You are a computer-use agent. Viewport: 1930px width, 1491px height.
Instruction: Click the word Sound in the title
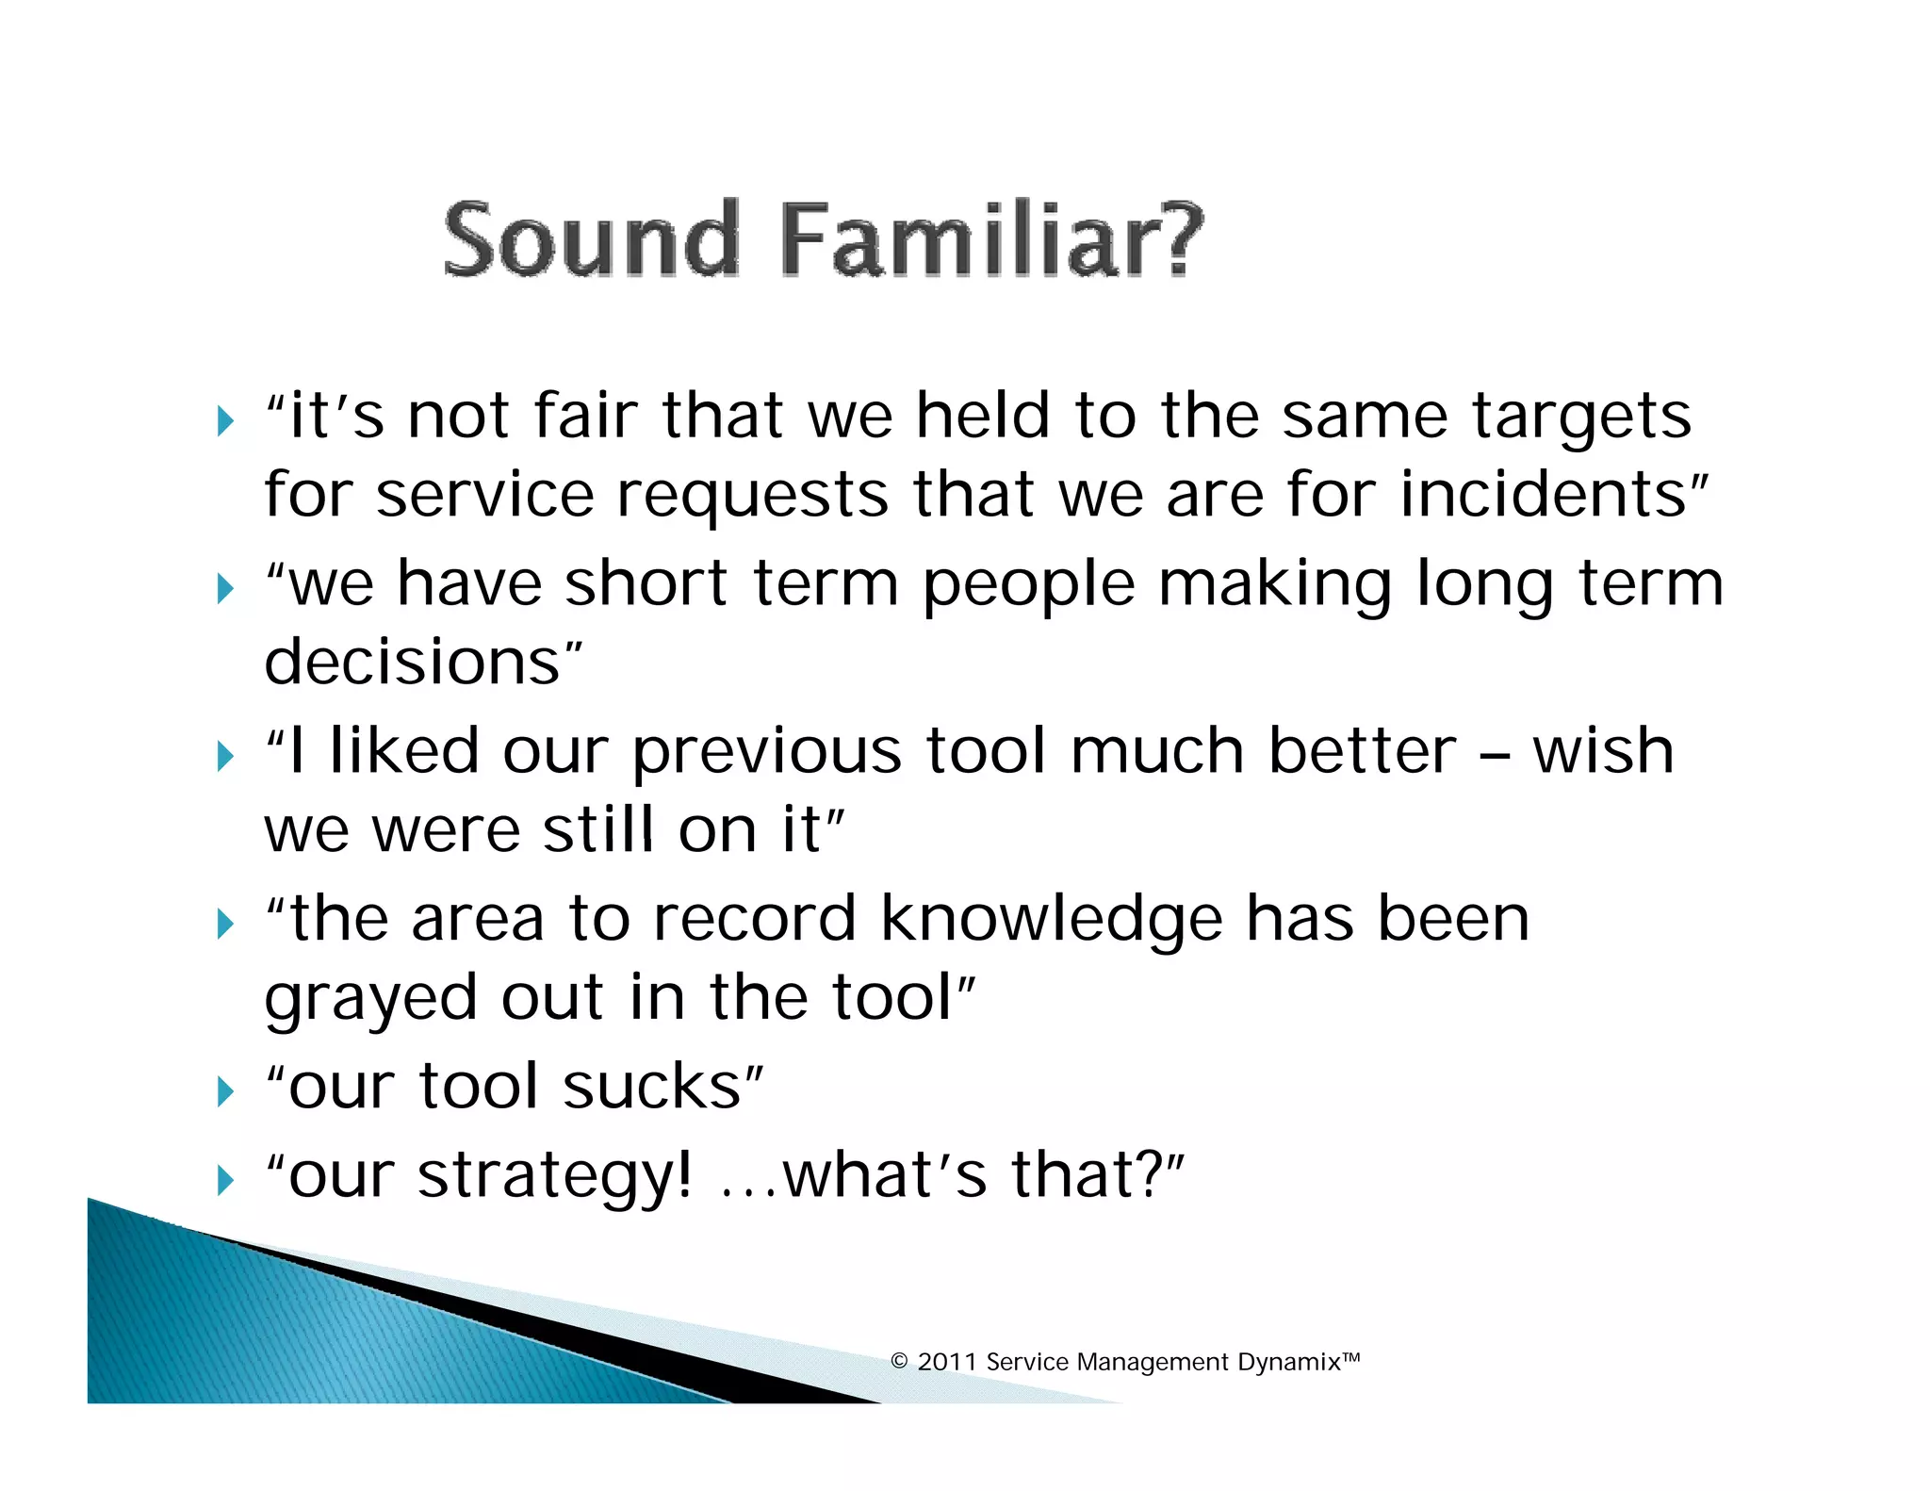pyautogui.click(x=591, y=240)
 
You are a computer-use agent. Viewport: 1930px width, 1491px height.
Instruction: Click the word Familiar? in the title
pyautogui.click(x=991, y=240)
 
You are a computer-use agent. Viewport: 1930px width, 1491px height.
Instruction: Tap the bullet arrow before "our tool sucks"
pyautogui.click(x=225, y=1091)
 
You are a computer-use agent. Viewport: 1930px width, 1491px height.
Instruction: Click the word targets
pyautogui.click(x=1581, y=418)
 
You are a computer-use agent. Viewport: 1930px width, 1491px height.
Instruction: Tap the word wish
pyautogui.click(x=1603, y=752)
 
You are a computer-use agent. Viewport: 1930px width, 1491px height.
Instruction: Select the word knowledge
pyautogui.click(x=1052, y=920)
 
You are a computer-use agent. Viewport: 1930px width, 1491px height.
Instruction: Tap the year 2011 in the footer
pyautogui.click(x=946, y=1362)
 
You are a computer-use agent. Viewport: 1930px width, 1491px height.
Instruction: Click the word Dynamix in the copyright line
pyautogui.click(x=1288, y=1362)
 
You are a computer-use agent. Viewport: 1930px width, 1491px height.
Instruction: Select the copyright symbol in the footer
pyautogui.click(x=899, y=1362)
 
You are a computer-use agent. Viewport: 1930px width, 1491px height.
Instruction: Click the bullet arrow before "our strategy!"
pyautogui.click(x=225, y=1180)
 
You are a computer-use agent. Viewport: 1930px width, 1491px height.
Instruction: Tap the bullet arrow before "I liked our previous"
pyautogui.click(x=225, y=756)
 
